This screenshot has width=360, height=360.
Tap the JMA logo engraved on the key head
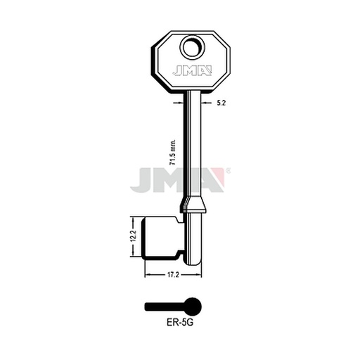click(x=192, y=70)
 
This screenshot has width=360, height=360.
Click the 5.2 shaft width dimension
click(x=221, y=103)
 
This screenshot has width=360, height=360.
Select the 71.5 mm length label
click(x=173, y=153)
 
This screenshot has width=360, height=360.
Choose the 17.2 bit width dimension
click(x=173, y=275)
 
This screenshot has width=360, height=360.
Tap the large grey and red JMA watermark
click(x=180, y=180)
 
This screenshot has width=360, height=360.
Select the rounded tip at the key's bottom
click(x=194, y=262)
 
